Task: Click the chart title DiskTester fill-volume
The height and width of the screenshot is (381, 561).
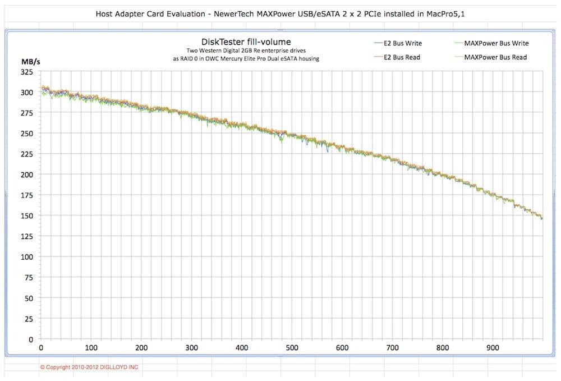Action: [x=246, y=42]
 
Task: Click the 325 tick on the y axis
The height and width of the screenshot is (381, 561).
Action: [x=26, y=72]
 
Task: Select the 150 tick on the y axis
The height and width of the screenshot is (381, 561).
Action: [x=26, y=216]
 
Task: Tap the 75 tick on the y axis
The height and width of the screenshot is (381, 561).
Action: [x=29, y=278]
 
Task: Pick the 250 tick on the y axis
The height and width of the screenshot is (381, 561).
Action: [x=26, y=134]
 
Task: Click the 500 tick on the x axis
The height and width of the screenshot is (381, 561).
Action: [x=292, y=347]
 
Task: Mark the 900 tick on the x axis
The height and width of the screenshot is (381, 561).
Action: [x=493, y=347]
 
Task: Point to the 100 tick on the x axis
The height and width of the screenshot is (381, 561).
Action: [x=91, y=347]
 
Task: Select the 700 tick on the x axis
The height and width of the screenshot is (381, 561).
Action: [x=392, y=347]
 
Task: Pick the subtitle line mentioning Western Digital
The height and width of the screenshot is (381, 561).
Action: [x=246, y=51]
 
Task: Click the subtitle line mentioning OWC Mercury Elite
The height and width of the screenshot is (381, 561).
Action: [x=246, y=58]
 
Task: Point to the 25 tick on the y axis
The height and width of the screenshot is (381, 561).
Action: [x=29, y=319]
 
